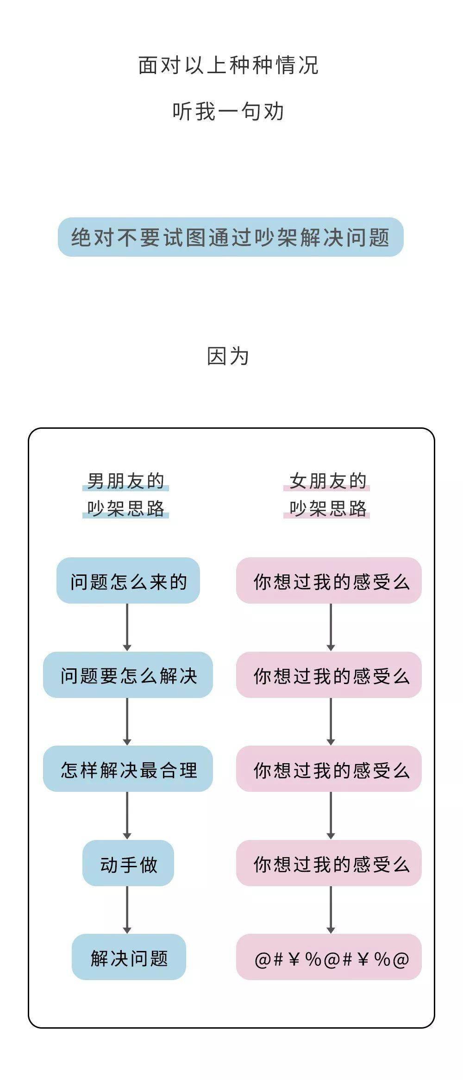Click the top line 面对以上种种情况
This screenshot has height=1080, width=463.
[228, 65]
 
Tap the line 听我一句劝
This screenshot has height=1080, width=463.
[228, 111]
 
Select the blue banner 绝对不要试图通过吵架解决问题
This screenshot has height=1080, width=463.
[231, 237]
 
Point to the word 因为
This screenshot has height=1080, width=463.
[228, 357]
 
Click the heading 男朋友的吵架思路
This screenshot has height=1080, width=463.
[126, 495]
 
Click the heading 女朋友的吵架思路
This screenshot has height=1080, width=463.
[327, 495]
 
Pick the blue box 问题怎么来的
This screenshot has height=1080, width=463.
[128, 580]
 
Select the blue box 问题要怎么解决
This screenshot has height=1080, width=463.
[128, 675]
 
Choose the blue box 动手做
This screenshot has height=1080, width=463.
[128, 863]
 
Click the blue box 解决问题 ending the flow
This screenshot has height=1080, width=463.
[129, 957]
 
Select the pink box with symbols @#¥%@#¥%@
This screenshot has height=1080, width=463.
[329, 957]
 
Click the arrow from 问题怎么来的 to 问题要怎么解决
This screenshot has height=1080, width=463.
[127, 628]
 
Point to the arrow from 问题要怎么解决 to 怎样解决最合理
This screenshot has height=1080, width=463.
[127, 722]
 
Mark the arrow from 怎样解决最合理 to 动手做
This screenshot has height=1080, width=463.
[127, 816]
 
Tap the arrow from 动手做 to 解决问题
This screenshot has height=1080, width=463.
[127, 910]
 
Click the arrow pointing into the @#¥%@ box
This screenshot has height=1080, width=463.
[331, 910]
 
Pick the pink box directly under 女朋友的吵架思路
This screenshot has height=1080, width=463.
[329, 580]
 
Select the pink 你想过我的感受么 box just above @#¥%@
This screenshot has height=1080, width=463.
[329, 863]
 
